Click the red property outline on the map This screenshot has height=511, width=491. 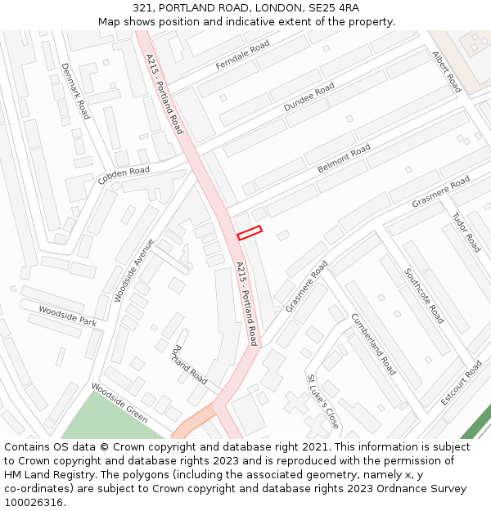250,233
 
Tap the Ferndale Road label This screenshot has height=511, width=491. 242,56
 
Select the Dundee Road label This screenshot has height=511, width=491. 309,97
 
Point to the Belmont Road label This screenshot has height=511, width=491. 344,159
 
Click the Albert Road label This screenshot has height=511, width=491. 447,71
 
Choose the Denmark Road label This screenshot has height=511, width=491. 75,92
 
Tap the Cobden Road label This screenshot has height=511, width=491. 124,175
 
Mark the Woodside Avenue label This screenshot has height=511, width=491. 134,271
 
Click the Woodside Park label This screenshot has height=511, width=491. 67,316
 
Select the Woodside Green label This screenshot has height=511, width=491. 119,403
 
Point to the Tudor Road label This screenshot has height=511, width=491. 466,232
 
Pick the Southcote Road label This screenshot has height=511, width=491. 424,295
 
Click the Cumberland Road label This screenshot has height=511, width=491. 373,344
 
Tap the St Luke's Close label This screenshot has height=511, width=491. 322,402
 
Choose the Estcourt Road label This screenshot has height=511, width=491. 462,383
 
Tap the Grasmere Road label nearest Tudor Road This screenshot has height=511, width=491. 440,191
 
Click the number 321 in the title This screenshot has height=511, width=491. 143,8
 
